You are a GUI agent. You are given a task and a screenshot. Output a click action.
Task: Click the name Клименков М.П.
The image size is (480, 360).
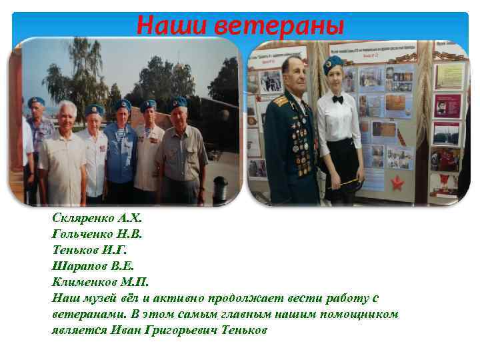click(x=99, y=281)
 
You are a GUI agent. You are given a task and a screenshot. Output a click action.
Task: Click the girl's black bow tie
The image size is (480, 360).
click(x=337, y=99)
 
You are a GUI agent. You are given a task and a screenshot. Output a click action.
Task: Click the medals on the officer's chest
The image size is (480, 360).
click(x=299, y=133)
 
